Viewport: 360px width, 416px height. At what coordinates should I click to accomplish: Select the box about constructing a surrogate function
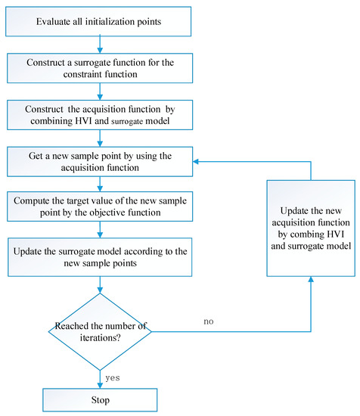[x=101, y=68]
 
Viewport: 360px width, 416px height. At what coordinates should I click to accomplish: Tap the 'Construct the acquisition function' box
[x=101, y=114]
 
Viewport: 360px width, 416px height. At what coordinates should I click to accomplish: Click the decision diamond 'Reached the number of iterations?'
[x=101, y=331]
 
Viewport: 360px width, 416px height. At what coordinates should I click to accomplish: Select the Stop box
[x=101, y=397]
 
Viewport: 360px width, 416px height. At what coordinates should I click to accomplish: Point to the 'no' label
[x=209, y=321]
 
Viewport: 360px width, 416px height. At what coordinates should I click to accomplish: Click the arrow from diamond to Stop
[x=101, y=376]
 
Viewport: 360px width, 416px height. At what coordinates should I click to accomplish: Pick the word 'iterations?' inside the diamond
[x=101, y=338]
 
